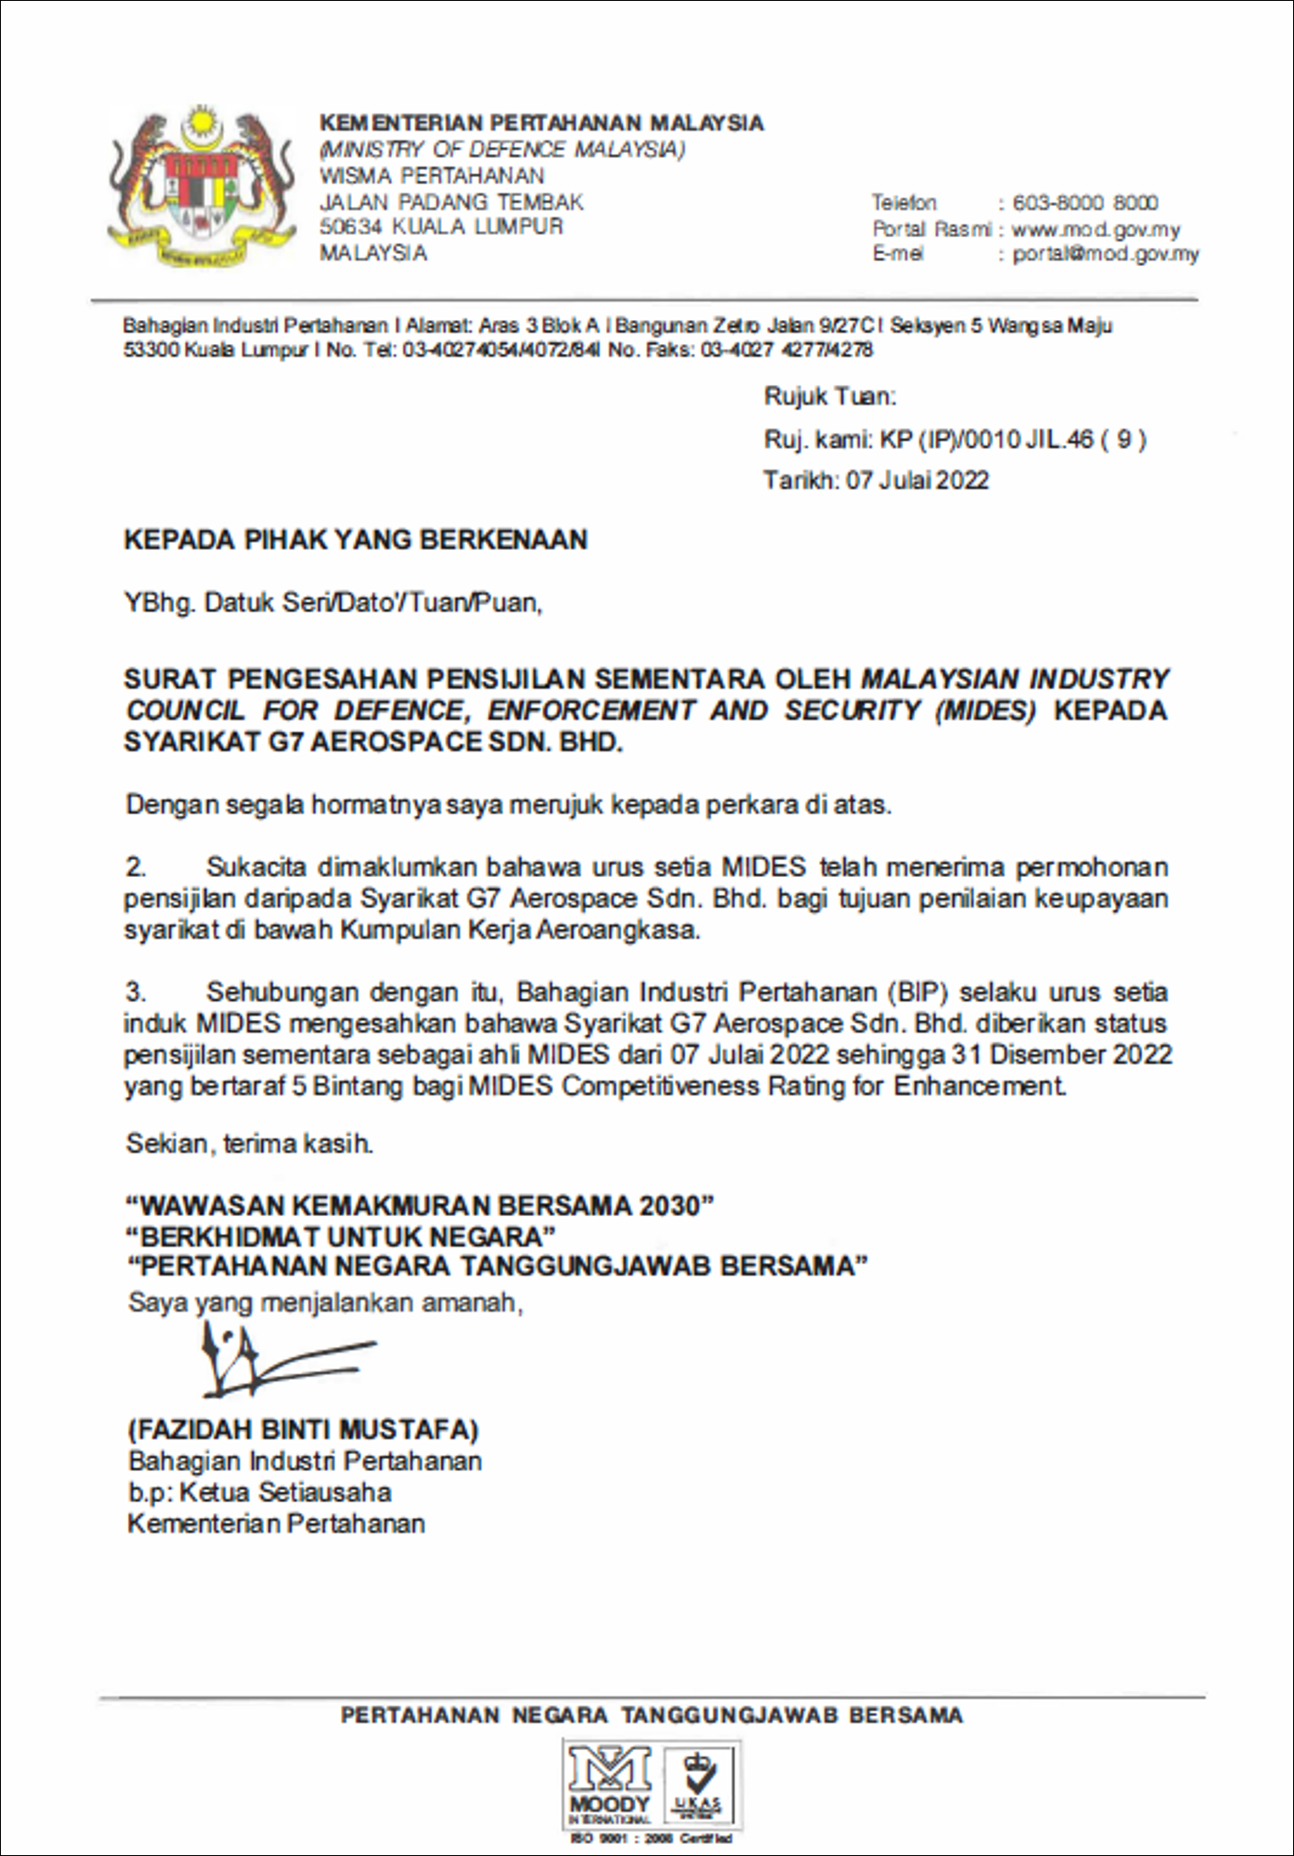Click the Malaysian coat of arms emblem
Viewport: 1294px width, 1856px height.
(201, 188)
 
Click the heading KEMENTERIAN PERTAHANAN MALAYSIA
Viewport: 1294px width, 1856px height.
(542, 123)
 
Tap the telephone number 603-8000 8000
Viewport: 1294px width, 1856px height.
(1085, 202)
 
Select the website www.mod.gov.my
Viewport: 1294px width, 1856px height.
(1095, 230)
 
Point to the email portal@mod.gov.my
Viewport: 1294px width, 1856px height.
(1106, 255)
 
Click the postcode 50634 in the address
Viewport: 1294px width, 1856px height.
(350, 227)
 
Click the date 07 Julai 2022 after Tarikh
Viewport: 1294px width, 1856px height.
(916, 480)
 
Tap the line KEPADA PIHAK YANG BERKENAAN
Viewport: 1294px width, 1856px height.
(355, 539)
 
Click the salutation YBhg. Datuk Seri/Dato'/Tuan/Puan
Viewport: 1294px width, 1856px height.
(333, 603)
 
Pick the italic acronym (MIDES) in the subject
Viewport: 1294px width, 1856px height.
(985, 711)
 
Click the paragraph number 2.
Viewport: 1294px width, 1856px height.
(136, 867)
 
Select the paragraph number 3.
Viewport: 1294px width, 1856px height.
(136, 992)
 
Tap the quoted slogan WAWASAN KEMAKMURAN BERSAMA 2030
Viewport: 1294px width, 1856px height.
(420, 1206)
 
